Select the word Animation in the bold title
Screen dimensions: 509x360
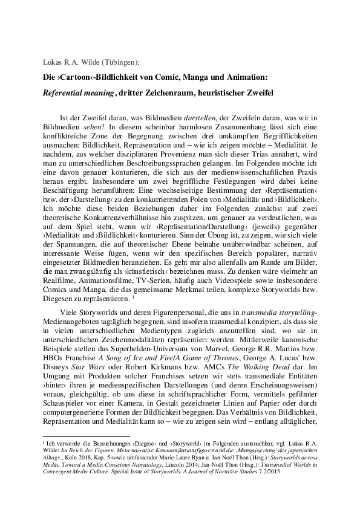click(247, 77)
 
